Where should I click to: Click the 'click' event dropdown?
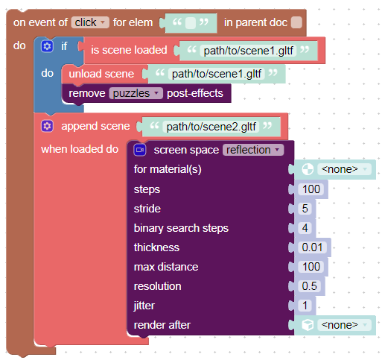pyautogui.click(x=90, y=22)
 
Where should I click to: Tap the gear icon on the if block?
pyautogui.click(x=47, y=46)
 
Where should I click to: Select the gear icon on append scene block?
pyautogui.click(x=47, y=126)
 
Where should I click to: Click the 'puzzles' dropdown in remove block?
pyautogui.click(x=136, y=93)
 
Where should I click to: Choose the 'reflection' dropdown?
pyautogui.click(x=253, y=150)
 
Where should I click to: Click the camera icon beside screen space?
pyautogui.click(x=140, y=150)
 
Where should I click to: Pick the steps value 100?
pyautogui.click(x=311, y=189)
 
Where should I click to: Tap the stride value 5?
pyautogui.click(x=305, y=209)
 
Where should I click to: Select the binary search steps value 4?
pyautogui.click(x=305, y=228)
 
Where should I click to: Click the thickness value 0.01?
pyautogui.click(x=313, y=247)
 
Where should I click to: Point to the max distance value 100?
pyautogui.click(x=311, y=267)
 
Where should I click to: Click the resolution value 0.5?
pyautogui.click(x=310, y=286)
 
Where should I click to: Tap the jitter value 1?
pyautogui.click(x=305, y=306)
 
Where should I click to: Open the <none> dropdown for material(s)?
pyautogui.click(x=344, y=169)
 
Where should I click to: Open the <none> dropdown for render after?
pyautogui.click(x=344, y=325)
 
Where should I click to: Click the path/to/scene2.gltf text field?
pyautogui.click(x=211, y=127)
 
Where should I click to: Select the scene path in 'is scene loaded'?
pyautogui.click(x=248, y=51)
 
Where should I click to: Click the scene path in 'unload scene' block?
pyautogui.click(x=217, y=74)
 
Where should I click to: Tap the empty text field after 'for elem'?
pyautogui.click(x=191, y=23)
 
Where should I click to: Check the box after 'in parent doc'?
pyautogui.click(x=296, y=22)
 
